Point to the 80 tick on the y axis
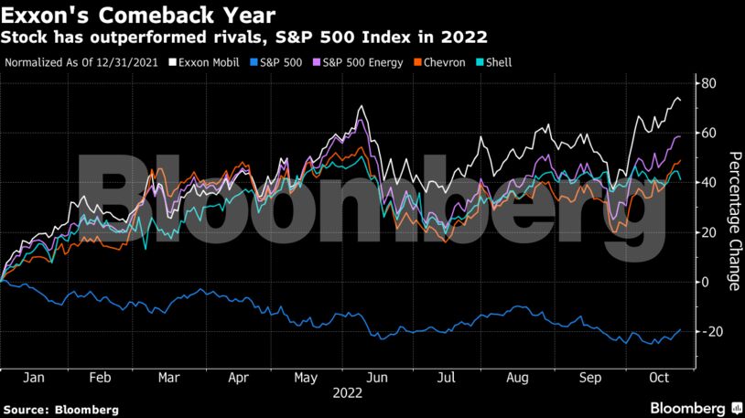[707, 84]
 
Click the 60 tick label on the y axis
[707, 134]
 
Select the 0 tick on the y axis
[705, 282]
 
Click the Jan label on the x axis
[33, 377]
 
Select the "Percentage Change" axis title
[733, 220]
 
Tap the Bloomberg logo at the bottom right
[695, 406]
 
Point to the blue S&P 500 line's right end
[680, 329]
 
